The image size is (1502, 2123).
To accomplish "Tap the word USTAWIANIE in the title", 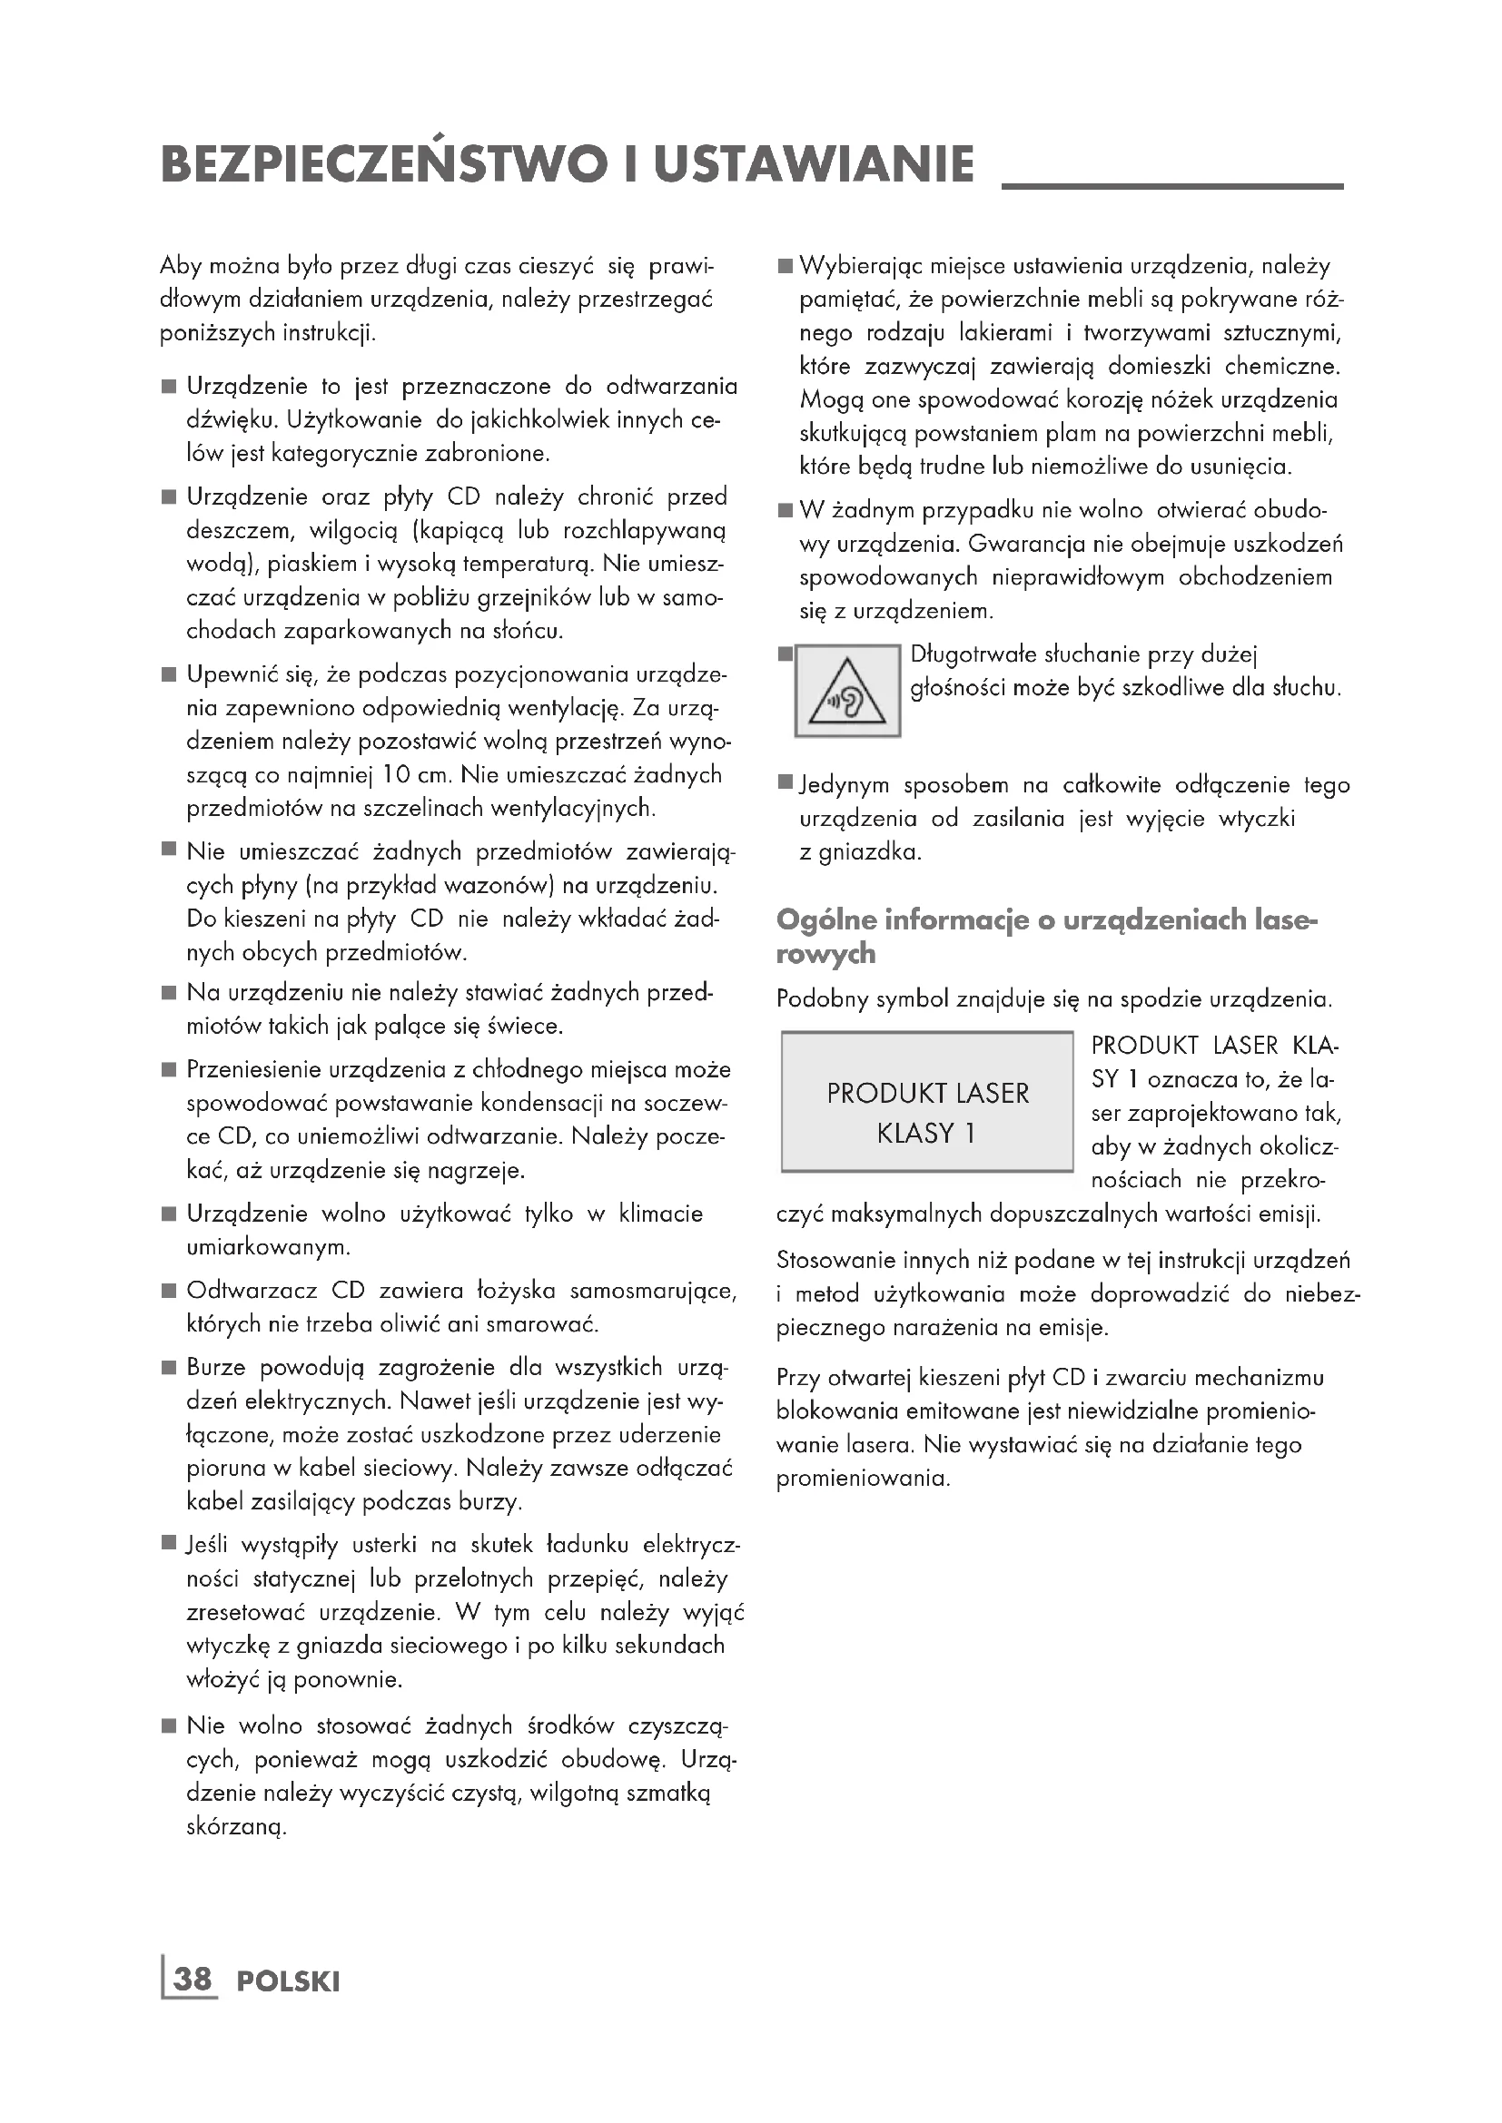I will coord(814,164).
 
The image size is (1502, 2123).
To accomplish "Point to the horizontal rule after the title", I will coord(1171,187).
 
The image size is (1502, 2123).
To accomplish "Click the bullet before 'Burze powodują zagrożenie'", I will coord(169,1368).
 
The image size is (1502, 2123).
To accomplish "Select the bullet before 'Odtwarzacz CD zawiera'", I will coord(169,1291).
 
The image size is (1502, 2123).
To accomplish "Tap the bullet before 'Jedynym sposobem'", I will coord(786,784).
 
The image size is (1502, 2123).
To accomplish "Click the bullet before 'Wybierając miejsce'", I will coord(786,266).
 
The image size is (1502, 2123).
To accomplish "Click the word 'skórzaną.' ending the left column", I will coord(237,1827).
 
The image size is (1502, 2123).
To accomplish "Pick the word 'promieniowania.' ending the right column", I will coord(863,1479).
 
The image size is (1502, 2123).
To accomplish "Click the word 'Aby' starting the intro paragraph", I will coord(181,266).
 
